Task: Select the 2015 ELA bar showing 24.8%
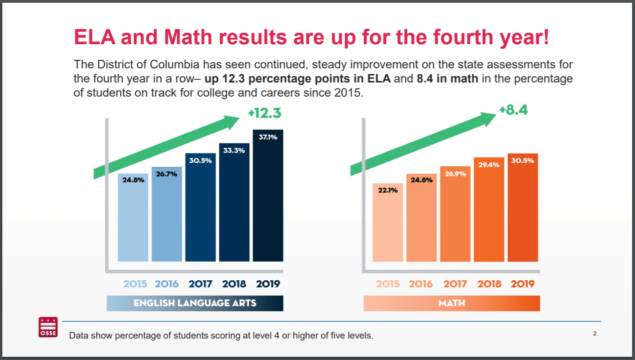click(x=133, y=219)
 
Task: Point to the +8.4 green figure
click(x=513, y=110)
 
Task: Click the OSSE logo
click(x=48, y=327)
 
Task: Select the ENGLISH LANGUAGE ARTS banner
click(x=195, y=303)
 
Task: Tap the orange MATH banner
click(x=451, y=303)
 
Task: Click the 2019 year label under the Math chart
click(x=522, y=284)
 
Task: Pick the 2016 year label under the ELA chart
click(x=167, y=284)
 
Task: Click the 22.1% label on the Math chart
click(x=388, y=190)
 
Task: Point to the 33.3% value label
click(x=234, y=150)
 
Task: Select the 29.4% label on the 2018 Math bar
click(x=489, y=165)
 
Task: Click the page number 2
click(x=594, y=334)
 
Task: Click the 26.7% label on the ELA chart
click(x=167, y=174)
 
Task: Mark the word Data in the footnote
click(x=78, y=336)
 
